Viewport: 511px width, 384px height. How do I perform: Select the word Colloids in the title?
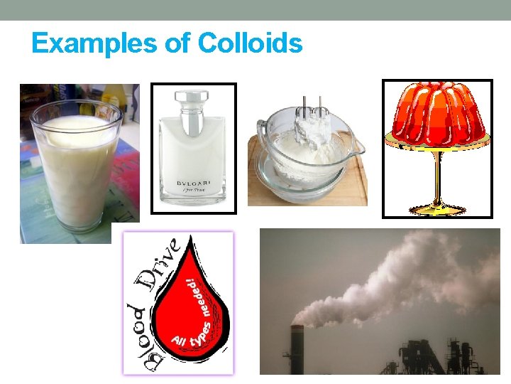[251, 44]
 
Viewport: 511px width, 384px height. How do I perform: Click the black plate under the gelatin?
[437, 142]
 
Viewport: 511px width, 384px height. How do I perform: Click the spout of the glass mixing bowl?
[359, 149]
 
